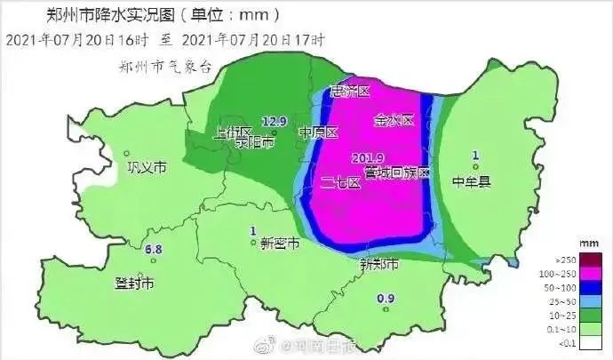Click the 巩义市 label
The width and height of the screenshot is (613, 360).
(147, 167)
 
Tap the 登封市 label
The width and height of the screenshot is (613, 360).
(135, 284)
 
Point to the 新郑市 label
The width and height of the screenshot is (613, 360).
(379, 264)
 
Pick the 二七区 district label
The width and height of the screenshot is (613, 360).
(340, 182)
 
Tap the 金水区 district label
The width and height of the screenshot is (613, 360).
(394, 119)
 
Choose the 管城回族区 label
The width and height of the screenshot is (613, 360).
(396, 172)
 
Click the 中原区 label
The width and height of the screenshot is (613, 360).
(319, 133)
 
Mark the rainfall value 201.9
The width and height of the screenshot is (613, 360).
(366, 158)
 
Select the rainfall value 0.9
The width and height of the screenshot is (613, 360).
(386, 298)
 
